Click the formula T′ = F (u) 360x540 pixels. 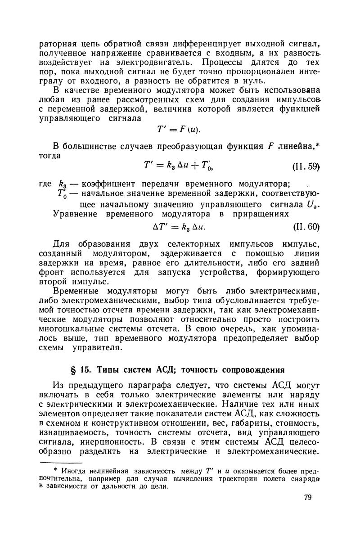click(x=178, y=130)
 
